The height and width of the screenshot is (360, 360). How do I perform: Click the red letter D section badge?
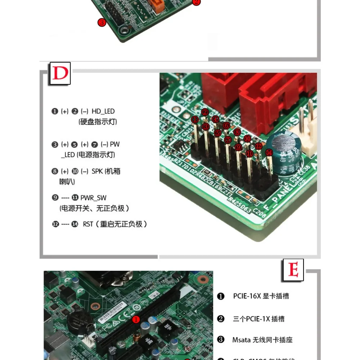[60, 74]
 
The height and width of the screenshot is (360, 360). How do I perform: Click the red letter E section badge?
[293, 270]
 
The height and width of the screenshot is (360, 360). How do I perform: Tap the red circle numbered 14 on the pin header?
[269, 152]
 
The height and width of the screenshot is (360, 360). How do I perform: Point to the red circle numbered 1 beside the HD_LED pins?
[195, 119]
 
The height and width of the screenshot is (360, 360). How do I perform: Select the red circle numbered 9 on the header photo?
[238, 147]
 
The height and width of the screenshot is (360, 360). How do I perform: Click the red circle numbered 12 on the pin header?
[258, 146]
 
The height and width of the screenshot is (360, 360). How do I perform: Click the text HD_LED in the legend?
[103, 112]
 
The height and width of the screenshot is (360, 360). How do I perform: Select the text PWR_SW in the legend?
[93, 198]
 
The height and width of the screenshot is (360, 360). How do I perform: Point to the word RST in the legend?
[88, 224]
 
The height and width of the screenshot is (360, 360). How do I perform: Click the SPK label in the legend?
[97, 171]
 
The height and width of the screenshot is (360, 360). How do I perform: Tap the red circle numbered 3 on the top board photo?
[102, 22]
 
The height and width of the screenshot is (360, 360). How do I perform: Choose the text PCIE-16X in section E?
[247, 296]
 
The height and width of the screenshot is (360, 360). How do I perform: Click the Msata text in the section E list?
[242, 340]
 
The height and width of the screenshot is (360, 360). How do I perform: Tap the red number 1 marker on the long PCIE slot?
[136, 319]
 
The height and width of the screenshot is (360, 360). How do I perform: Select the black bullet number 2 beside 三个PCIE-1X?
[221, 319]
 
